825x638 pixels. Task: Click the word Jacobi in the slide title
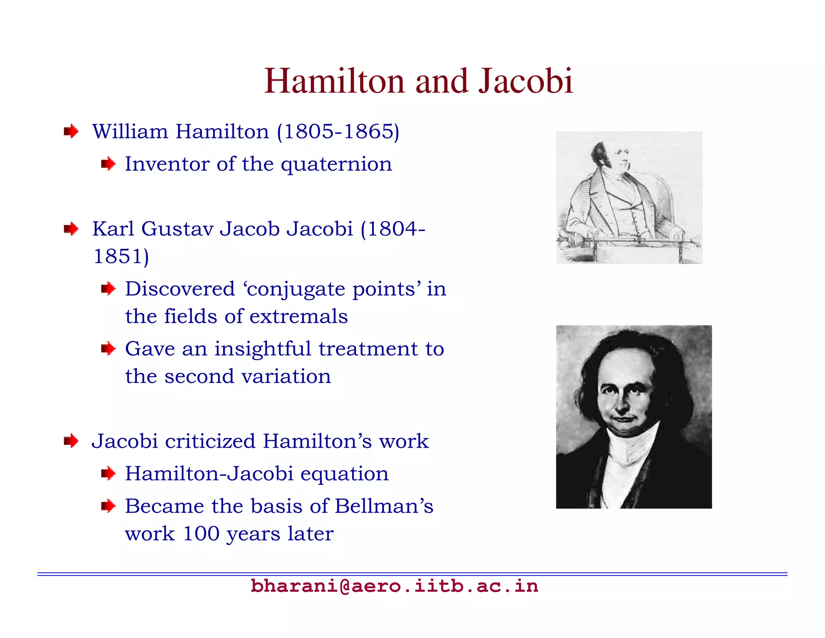525,81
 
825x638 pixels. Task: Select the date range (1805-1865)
338,132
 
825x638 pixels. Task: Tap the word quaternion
336,165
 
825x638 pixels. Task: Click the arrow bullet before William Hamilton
71,131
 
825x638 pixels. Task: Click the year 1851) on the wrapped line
121,256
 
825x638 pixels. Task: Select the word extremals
298,316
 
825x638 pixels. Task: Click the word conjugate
296,289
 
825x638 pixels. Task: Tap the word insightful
262,349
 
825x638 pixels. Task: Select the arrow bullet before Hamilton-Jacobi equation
108,473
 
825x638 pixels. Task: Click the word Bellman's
384,506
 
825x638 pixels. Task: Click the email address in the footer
394,586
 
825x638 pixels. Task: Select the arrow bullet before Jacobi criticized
71,441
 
